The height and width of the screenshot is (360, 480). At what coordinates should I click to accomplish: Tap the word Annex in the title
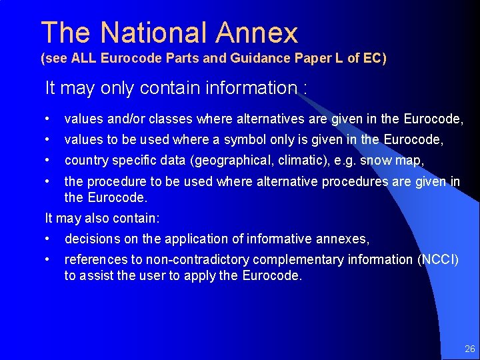tap(257, 33)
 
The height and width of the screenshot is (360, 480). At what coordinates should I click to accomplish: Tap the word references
tap(93, 259)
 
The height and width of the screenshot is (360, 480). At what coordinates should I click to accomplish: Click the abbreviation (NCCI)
tap(437, 259)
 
